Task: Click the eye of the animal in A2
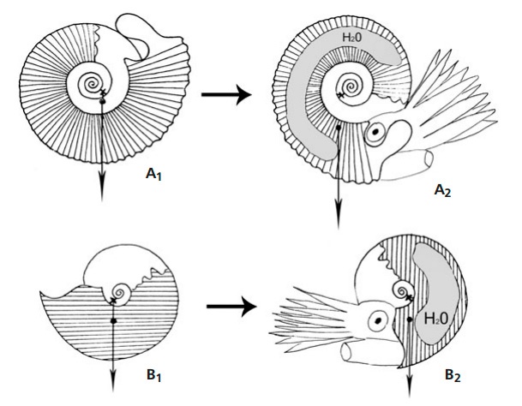pos(375,134)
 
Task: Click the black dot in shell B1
pos(113,321)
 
